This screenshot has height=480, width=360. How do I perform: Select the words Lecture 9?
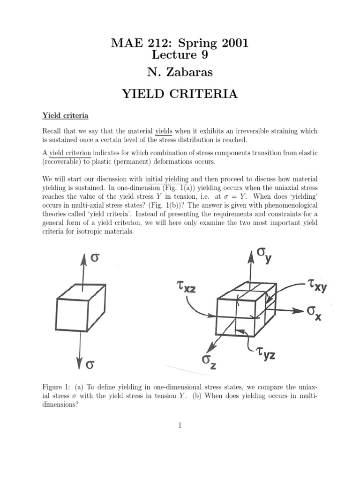click(180, 55)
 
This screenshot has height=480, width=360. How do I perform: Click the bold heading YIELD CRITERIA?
click(180, 94)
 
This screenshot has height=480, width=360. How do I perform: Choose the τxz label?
click(183, 286)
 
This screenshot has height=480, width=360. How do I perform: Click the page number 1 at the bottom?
click(180, 425)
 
